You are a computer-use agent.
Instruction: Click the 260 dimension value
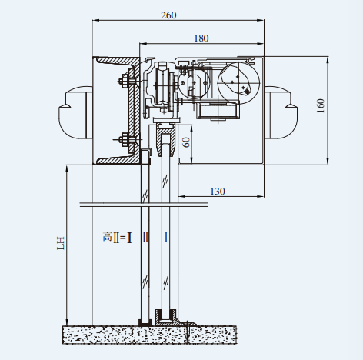168,15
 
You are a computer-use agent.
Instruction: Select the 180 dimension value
201,38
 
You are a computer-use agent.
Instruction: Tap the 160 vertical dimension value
321,105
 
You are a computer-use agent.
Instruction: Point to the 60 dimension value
187,142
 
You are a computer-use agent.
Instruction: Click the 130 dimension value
218,192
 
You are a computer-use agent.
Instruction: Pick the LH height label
61,243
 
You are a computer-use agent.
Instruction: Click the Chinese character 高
108,236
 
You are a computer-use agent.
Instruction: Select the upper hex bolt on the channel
125,82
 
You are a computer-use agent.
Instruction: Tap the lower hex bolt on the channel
125,140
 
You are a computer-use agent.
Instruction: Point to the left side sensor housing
75,113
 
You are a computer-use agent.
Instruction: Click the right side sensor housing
281,113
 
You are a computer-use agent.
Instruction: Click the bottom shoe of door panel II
145,322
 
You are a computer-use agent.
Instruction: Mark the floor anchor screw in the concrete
187,332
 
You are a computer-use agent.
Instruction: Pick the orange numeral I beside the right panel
166,237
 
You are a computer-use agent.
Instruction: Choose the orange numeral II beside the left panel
145,237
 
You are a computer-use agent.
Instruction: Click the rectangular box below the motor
218,110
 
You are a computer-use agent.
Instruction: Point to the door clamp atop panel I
166,138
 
